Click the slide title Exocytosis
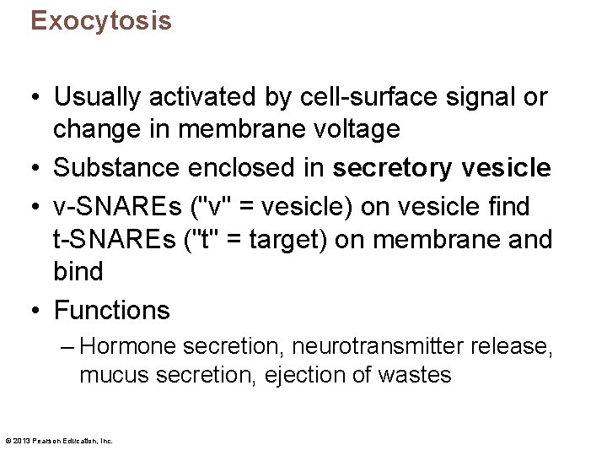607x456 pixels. tap(101, 21)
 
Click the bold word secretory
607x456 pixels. tap(393, 168)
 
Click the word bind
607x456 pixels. tap(78, 272)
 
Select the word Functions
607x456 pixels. tap(112, 310)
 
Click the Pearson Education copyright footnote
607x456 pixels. tap(59, 441)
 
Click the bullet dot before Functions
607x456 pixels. tap(37, 311)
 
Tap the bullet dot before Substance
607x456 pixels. tap(37, 169)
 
